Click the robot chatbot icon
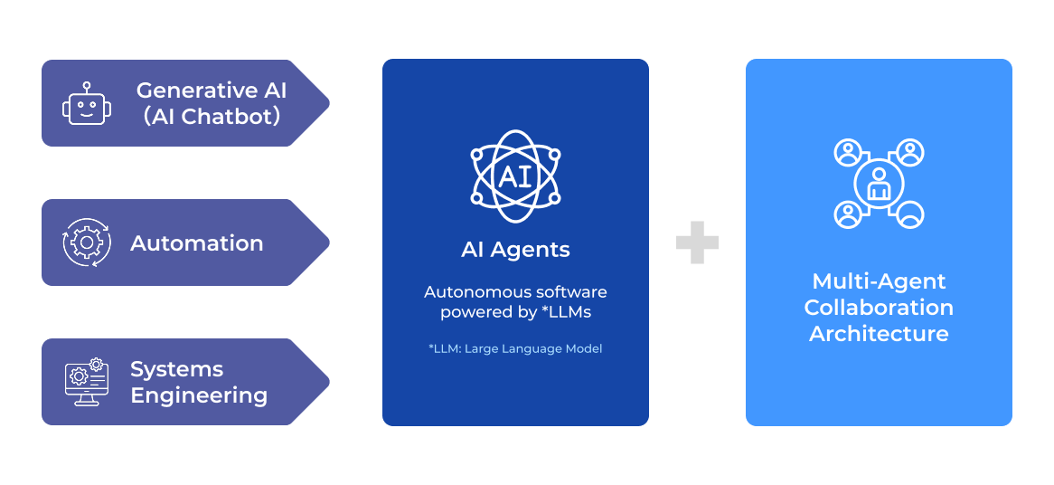point(87,106)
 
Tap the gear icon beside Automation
point(87,242)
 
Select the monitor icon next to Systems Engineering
point(87,382)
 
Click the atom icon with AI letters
point(515,175)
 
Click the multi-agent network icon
point(879,184)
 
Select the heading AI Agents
point(515,250)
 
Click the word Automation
point(197,243)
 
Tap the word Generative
point(184,90)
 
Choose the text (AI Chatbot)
point(212,117)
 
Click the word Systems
point(176,369)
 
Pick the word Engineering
point(199,395)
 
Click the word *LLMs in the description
point(567,313)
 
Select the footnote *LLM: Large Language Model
point(515,348)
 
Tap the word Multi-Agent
point(879,281)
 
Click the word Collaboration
point(879,308)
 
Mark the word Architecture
point(879,334)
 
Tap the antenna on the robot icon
point(87,88)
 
